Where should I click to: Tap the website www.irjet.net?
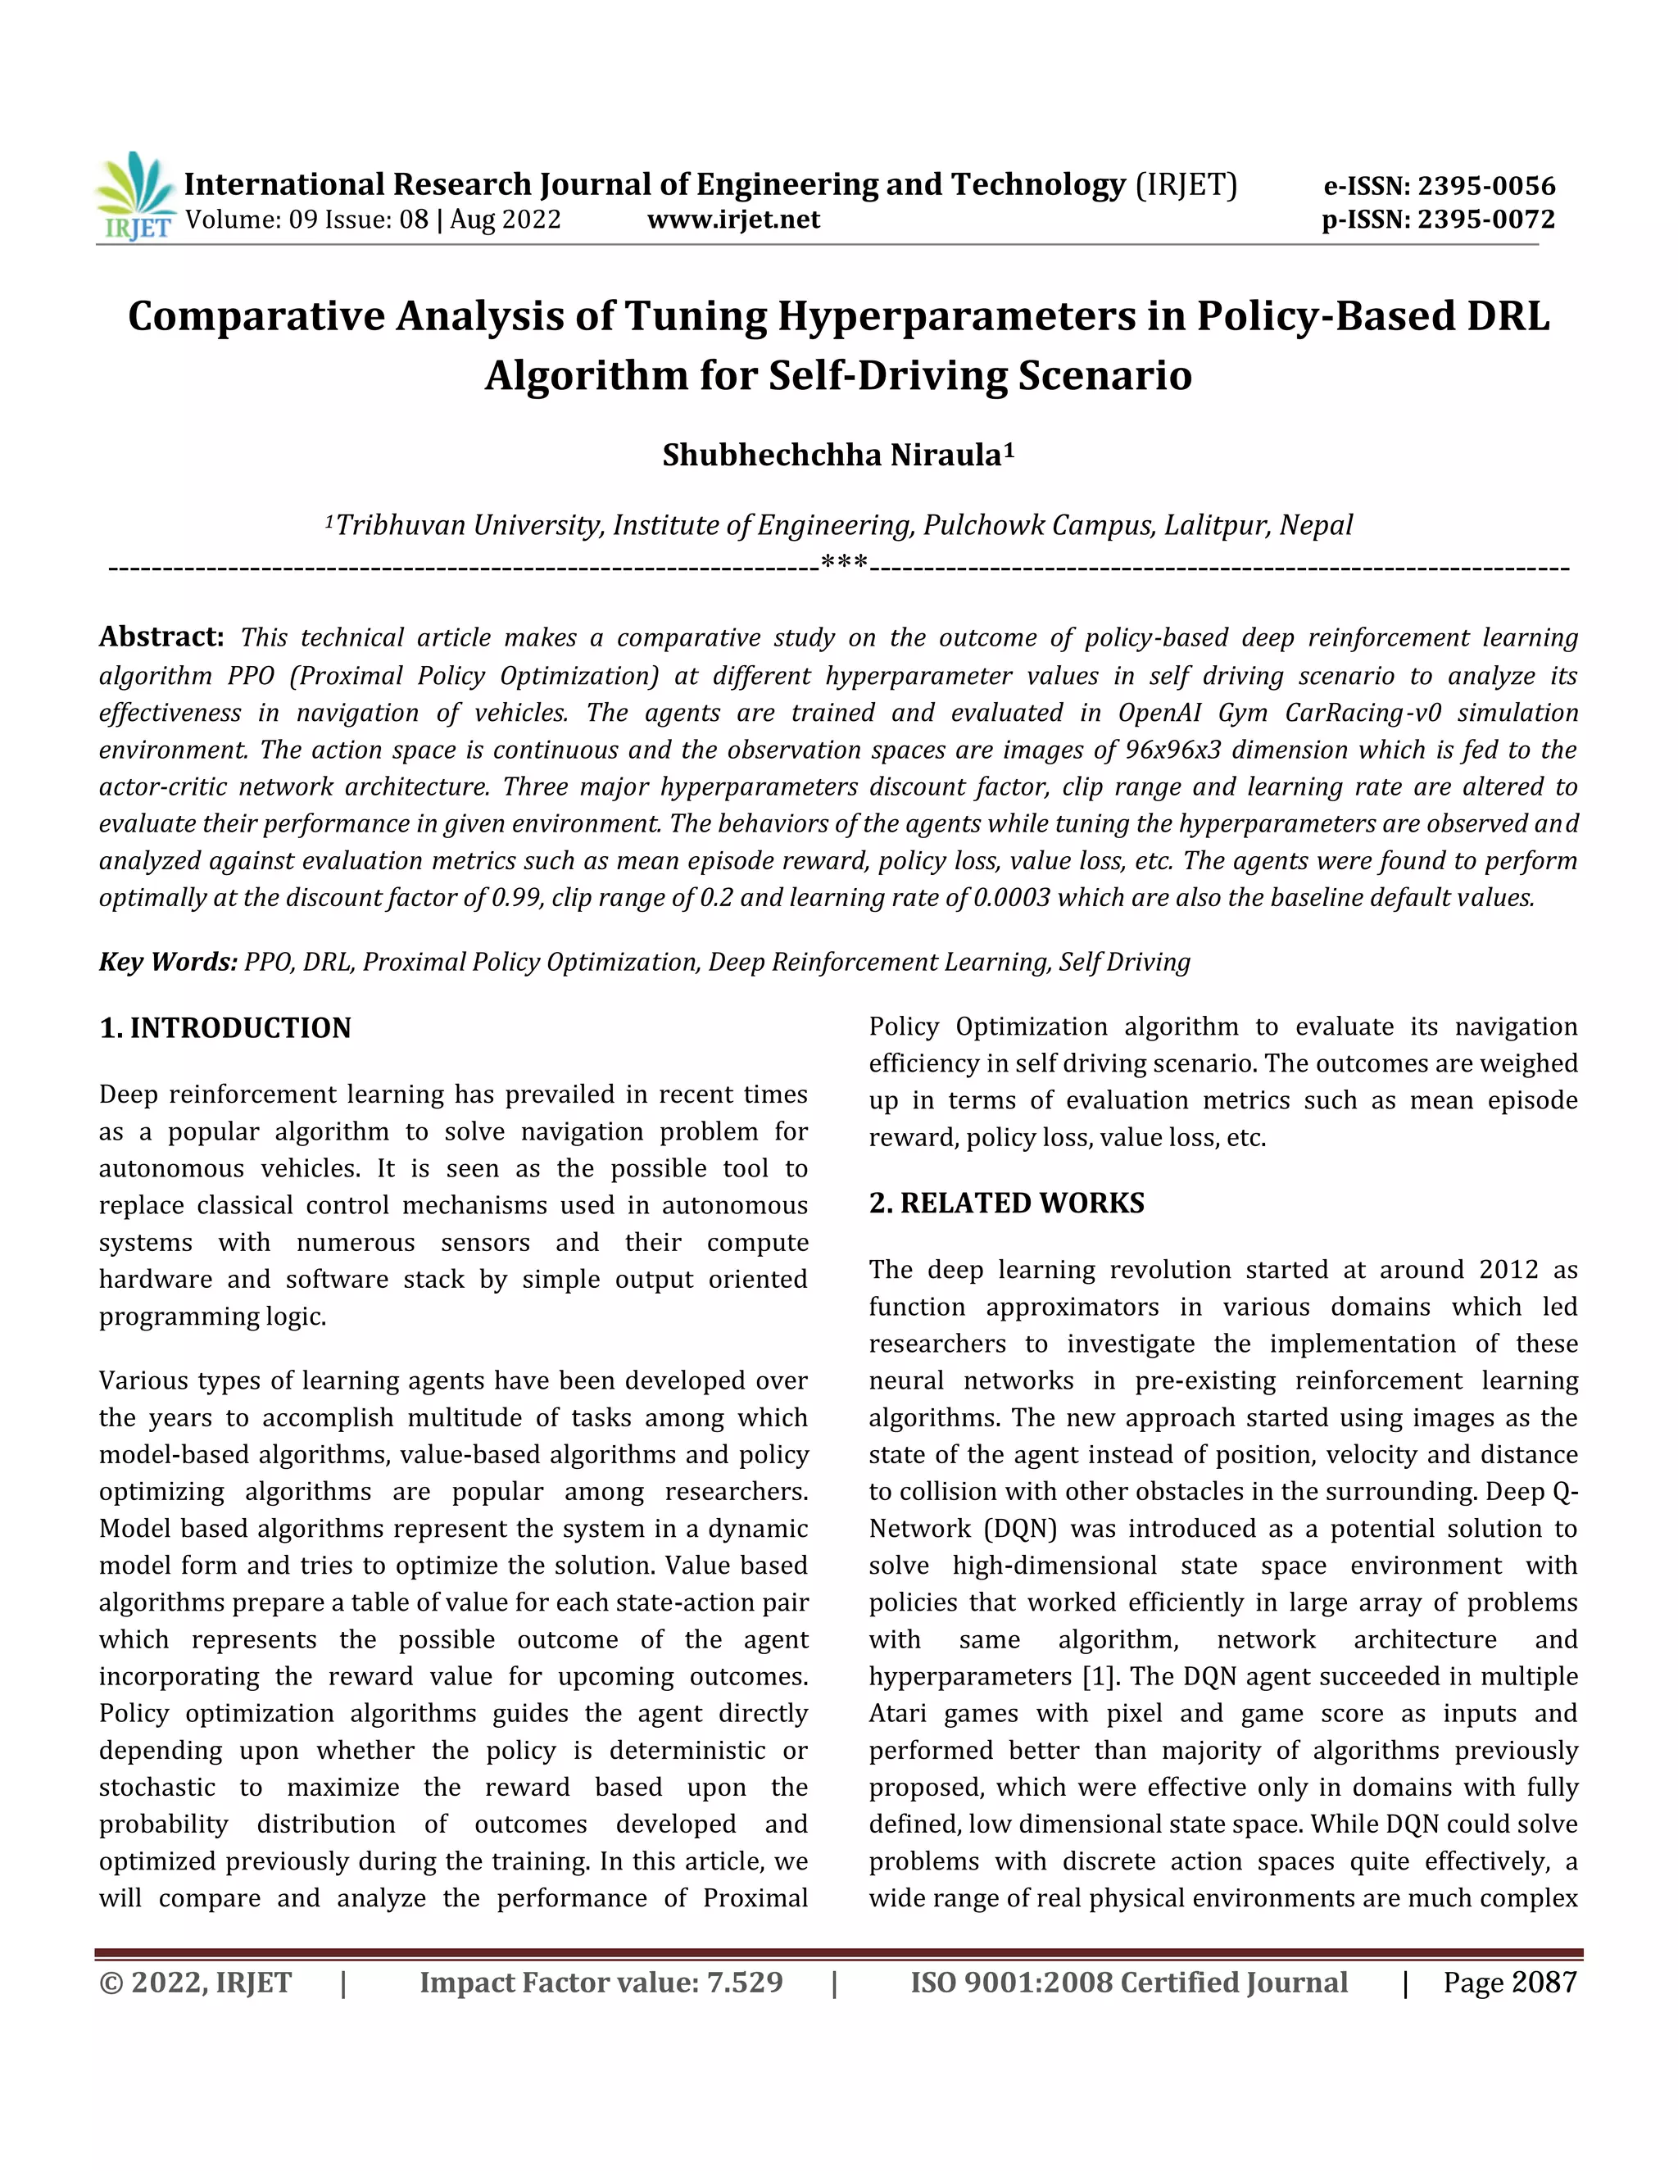(x=733, y=220)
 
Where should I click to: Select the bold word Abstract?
(x=161, y=637)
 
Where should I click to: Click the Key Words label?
(x=167, y=963)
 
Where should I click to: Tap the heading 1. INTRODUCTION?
(x=225, y=1028)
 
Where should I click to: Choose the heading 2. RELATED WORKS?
(x=1006, y=1203)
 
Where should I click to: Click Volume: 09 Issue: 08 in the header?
(x=306, y=220)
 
